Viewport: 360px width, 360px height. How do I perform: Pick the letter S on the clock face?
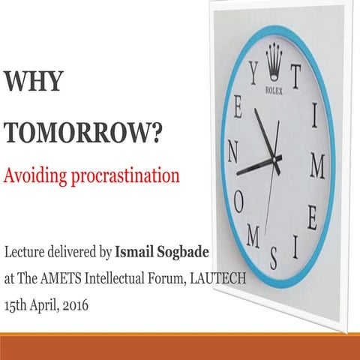click(x=274, y=257)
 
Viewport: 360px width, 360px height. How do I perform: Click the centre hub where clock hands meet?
click(x=274, y=160)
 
